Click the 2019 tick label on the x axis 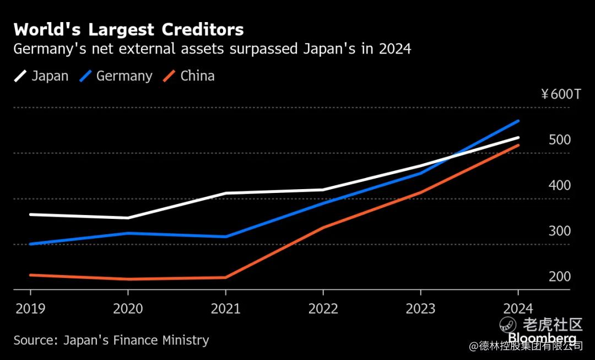pos(30,309)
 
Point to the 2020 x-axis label pos(128,309)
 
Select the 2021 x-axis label pos(225,309)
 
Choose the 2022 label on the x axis pos(323,309)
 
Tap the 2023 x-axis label pos(420,309)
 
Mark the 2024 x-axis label pos(518,309)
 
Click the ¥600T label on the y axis pos(561,94)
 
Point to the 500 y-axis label pos(560,140)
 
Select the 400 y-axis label pos(560,186)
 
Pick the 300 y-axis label pos(560,232)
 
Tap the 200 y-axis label pos(560,277)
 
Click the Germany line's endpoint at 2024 pos(518,121)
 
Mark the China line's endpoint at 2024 pos(518,146)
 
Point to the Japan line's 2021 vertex pos(225,194)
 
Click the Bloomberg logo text pos(542,337)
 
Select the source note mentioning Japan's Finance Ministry pos(111,340)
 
